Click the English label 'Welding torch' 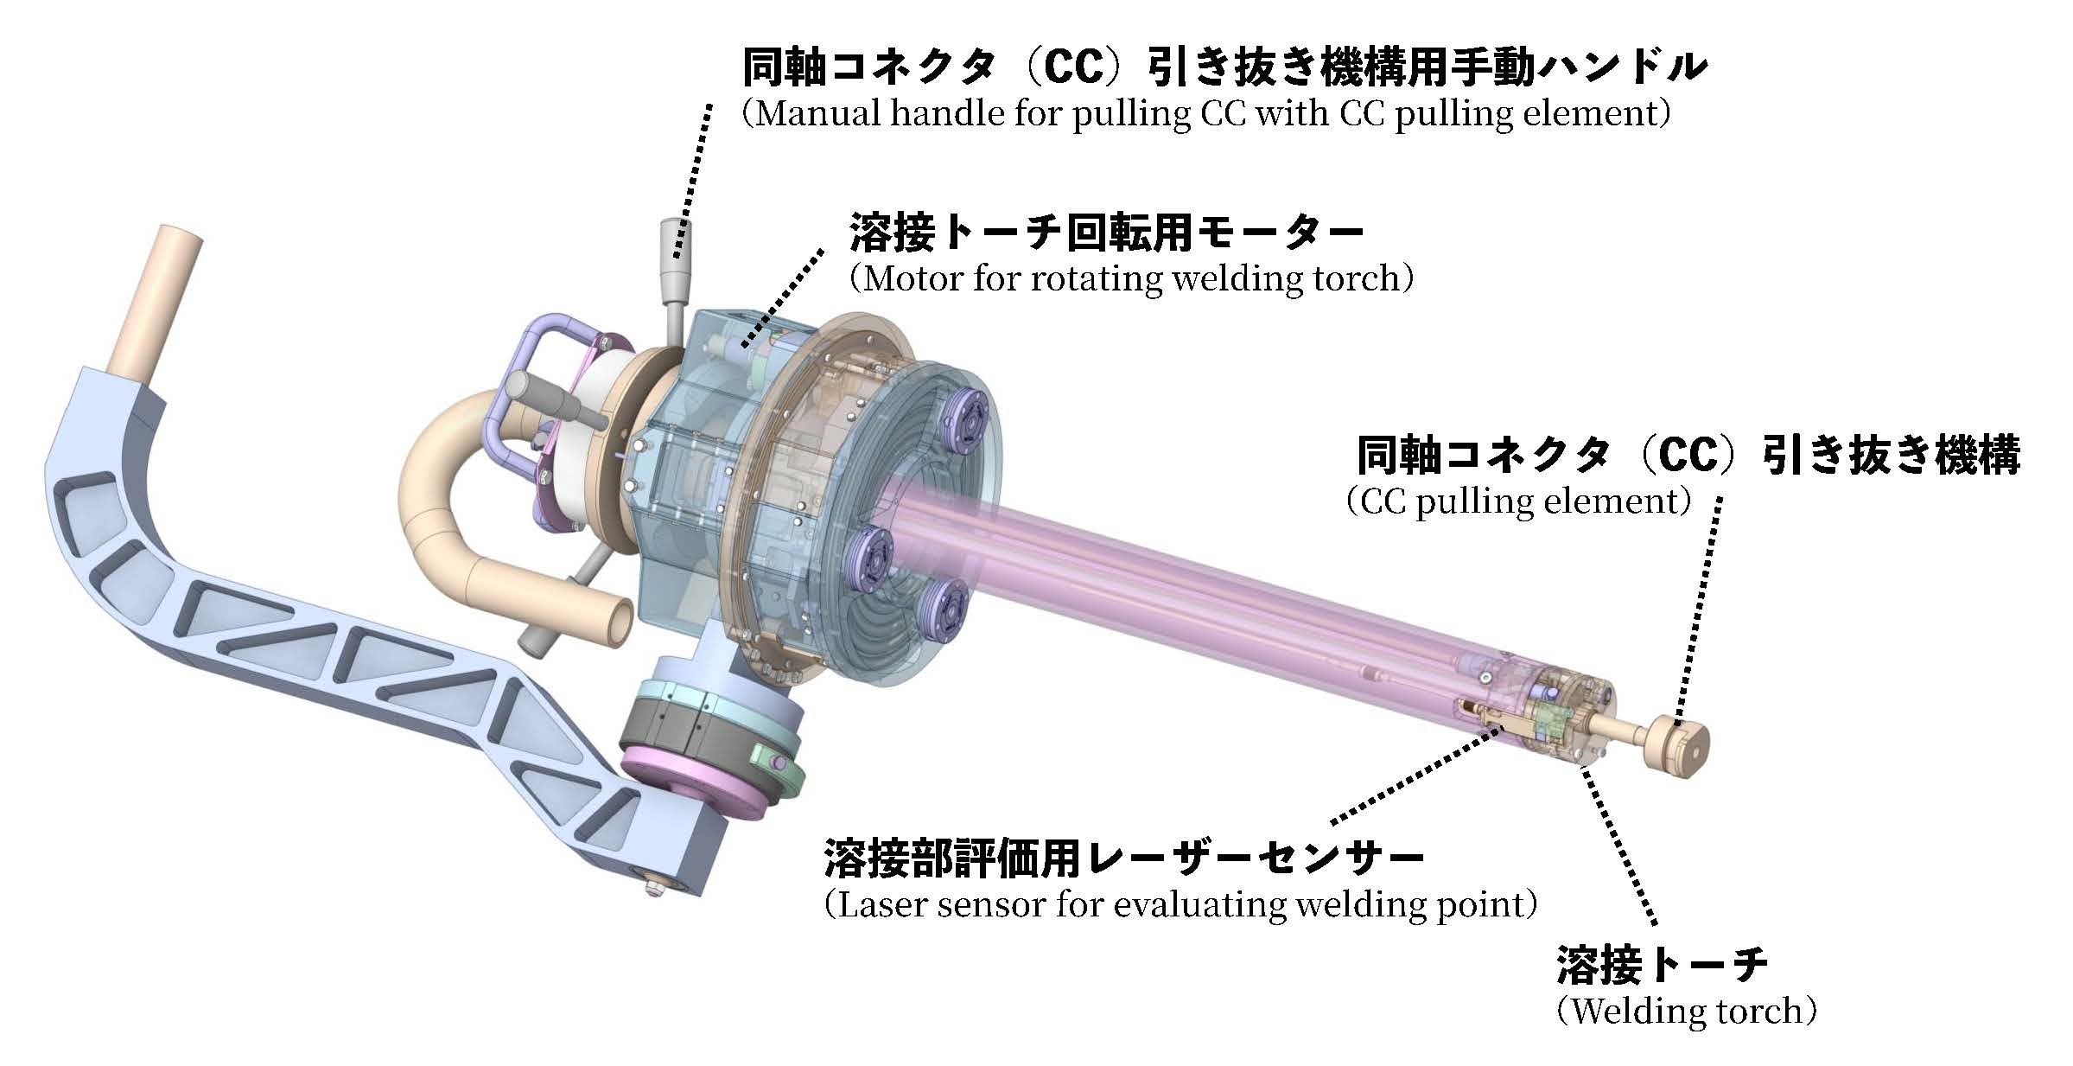pyautogui.click(x=1686, y=1011)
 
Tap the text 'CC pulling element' pyautogui.click(x=1517, y=501)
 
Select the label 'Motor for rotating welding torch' pyautogui.click(x=1131, y=278)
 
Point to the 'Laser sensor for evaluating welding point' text pyautogui.click(x=1180, y=905)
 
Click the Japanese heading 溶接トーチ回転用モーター pyautogui.click(x=1107, y=232)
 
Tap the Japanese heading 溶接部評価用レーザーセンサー pyautogui.click(x=1124, y=858)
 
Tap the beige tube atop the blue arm pyautogui.click(x=159, y=302)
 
